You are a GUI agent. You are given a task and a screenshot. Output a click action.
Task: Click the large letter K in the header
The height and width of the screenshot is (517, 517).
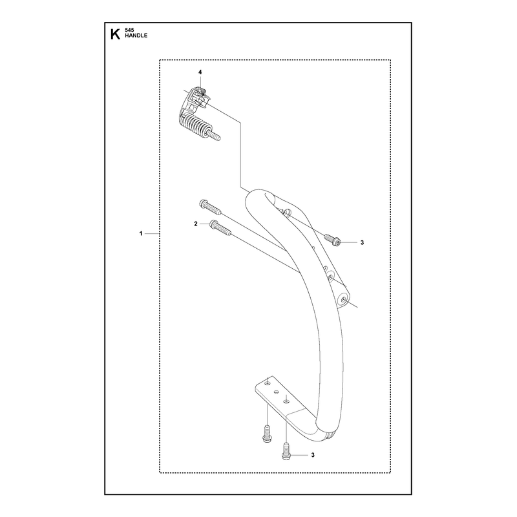tap(115, 34)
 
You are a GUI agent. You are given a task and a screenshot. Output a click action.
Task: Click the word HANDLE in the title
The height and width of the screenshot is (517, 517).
tap(136, 36)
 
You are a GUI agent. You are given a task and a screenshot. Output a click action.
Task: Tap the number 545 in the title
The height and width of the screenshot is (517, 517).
tap(129, 30)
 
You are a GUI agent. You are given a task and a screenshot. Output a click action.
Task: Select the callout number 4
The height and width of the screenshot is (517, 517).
tap(200, 72)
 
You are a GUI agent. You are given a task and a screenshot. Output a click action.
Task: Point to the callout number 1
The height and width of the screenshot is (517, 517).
tap(141, 233)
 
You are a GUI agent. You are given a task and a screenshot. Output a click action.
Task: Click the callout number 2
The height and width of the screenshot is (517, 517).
tap(196, 224)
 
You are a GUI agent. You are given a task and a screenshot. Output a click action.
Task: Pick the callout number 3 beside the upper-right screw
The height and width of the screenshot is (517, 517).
tap(362, 243)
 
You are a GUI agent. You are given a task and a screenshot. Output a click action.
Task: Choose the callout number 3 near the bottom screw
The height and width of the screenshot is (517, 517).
tap(313, 455)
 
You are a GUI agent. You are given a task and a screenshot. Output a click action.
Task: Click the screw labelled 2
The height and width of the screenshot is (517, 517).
tap(220, 227)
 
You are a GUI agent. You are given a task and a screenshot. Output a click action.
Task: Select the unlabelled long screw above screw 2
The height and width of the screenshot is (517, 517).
tap(210, 207)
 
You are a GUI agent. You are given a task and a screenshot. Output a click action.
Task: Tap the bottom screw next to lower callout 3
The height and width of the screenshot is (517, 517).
tap(286, 452)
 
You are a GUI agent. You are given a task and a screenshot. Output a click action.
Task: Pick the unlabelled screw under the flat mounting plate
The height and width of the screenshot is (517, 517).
tap(267, 434)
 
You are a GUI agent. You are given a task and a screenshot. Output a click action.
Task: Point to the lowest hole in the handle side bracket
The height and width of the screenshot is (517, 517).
tap(344, 300)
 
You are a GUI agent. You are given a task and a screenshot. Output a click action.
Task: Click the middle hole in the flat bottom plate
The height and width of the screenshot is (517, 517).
tap(277, 392)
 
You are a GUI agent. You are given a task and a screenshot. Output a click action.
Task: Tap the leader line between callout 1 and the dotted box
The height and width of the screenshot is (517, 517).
tap(152, 233)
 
